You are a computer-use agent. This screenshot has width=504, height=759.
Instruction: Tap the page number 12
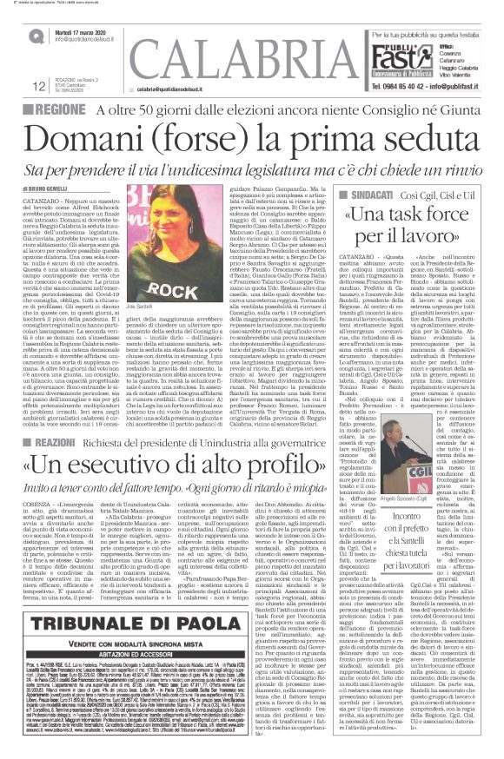pyautogui.click(x=16, y=84)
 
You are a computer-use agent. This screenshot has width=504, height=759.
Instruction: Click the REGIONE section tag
pyautogui.click(x=37, y=111)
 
